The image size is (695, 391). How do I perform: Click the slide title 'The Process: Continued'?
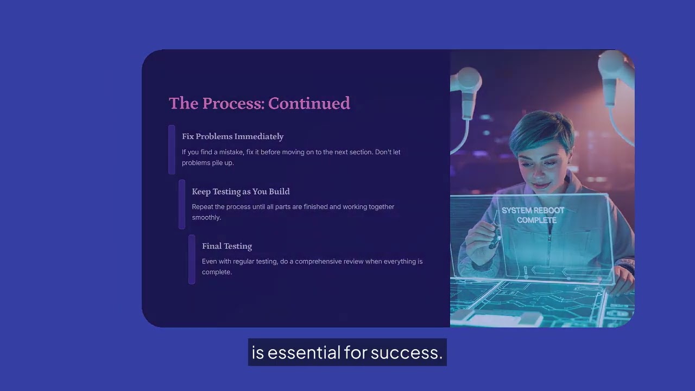[259, 103]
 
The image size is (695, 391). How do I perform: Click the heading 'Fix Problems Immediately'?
[232, 136]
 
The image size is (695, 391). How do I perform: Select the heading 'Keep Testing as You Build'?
[241, 191]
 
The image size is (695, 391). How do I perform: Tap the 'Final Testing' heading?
[227, 246]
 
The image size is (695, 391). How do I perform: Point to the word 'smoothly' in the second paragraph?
[206, 217]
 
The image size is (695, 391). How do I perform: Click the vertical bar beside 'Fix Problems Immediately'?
[172, 149]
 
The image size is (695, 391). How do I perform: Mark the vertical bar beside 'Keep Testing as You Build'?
[182, 204]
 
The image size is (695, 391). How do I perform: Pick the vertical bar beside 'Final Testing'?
[192, 259]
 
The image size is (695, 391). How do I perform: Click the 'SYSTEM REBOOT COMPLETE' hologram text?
[533, 215]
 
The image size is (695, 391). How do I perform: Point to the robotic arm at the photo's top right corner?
[616, 68]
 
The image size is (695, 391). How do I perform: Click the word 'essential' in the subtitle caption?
[305, 352]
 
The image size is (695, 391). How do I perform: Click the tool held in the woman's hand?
[494, 231]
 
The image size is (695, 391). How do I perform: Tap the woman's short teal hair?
[538, 128]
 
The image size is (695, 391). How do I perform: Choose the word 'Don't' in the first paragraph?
[383, 152]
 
